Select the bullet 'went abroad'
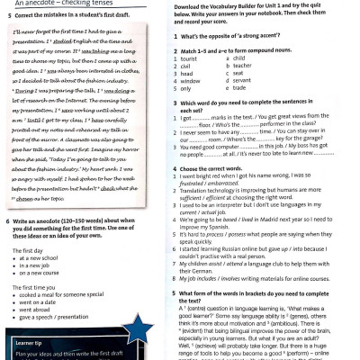pyautogui.click(x=40, y=318)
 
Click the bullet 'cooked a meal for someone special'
pyautogui.click(x=64, y=303)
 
